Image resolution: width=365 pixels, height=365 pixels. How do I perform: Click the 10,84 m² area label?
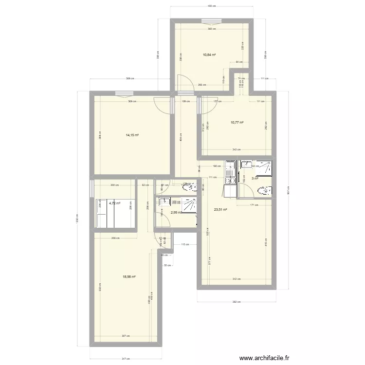coord(209,55)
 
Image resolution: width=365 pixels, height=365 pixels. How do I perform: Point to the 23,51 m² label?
coord(220,210)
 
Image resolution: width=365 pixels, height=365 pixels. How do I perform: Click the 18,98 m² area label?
coord(129,276)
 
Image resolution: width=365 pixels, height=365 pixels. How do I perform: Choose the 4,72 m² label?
coord(114,203)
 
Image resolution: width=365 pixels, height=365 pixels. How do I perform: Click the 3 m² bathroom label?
coord(254,179)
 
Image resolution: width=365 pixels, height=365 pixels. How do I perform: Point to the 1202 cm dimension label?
coord(77,220)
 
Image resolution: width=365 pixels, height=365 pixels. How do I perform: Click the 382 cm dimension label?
coord(236,302)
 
